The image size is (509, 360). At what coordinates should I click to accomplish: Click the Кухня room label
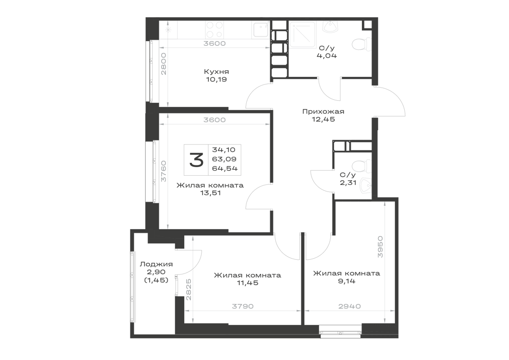tap(216, 72)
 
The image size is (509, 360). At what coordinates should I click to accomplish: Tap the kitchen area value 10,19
tap(216, 79)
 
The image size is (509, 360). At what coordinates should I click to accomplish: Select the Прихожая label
tap(323, 112)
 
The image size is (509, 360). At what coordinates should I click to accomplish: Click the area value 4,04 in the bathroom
tap(327, 56)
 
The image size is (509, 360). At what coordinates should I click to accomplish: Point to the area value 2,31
tap(348, 182)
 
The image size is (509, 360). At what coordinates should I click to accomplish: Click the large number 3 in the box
tap(196, 160)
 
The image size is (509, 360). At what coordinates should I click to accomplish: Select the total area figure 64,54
tap(224, 169)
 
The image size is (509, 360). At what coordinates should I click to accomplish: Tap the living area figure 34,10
tap(223, 150)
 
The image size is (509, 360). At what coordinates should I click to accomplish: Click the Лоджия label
tap(156, 264)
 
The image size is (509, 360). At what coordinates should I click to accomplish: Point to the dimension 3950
tap(380, 247)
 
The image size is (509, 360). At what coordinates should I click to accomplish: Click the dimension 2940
tap(350, 306)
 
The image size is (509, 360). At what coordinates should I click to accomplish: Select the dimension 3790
tap(242, 306)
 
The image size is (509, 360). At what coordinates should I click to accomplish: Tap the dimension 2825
tap(189, 290)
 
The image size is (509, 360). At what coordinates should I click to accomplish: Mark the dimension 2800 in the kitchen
tap(163, 64)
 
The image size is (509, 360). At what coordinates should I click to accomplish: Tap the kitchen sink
tap(260, 30)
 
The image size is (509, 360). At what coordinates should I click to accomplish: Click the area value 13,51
tap(210, 193)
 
